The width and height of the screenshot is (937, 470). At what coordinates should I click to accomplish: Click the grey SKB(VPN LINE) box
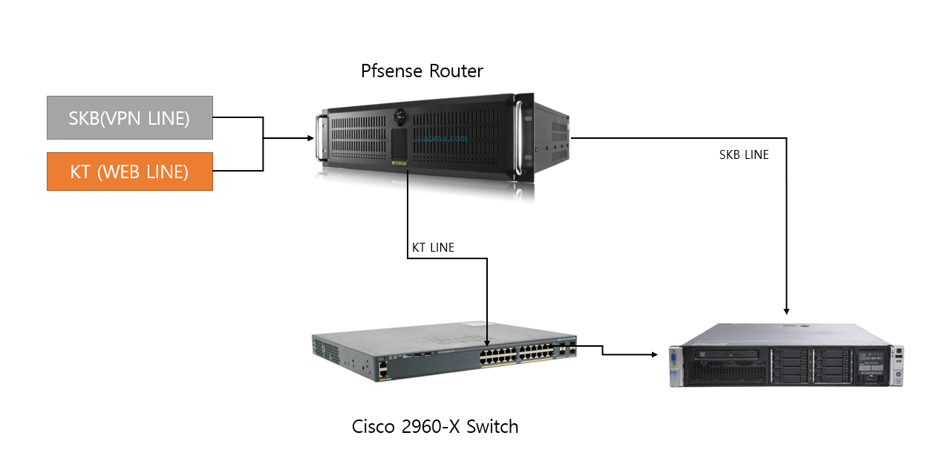[130, 117]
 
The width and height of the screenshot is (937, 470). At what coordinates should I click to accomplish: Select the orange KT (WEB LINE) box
[130, 172]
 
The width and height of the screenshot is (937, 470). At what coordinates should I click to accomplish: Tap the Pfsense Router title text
[422, 71]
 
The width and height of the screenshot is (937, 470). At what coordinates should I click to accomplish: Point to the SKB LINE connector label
[744, 155]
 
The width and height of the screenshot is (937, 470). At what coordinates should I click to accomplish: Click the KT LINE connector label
[433, 247]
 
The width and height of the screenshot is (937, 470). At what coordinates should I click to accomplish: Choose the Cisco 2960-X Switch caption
[435, 427]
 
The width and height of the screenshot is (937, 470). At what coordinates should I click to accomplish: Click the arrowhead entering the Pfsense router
[309, 138]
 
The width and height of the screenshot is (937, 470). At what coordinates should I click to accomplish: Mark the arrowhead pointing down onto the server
[786, 310]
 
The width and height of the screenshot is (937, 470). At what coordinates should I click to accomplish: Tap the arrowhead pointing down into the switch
[486, 340]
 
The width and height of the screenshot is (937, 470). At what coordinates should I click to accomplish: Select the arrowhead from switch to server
[654, 355]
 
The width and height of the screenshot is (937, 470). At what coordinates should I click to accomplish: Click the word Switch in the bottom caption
[492, 427]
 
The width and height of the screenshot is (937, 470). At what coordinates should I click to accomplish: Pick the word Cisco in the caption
[373, 427]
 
